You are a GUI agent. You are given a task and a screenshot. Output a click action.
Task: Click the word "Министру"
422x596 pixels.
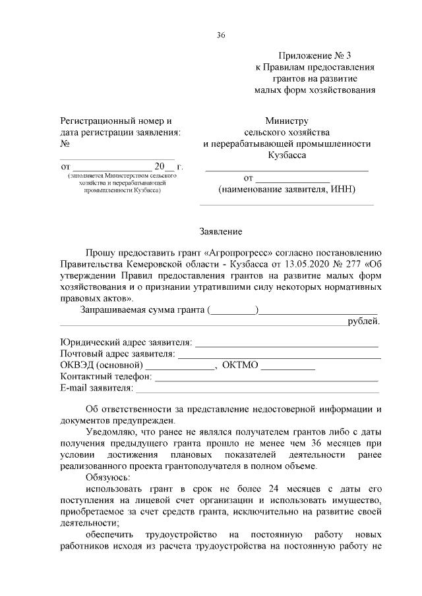[x=287, y=121]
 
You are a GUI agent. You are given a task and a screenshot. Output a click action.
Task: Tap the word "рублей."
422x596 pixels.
[x=363, y=321]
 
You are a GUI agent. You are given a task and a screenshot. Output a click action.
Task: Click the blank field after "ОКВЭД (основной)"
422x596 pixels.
[x=180, y=367]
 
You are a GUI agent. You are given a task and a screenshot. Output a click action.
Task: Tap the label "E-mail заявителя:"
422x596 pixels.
[x=96, y=389]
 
